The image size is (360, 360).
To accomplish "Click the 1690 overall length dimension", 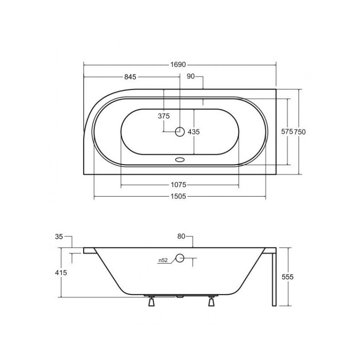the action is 178,65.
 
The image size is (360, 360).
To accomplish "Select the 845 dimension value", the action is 130,76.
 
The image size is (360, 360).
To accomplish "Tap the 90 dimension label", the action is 190,76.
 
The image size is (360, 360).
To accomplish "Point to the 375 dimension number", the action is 164,116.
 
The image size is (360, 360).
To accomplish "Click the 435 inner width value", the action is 194,132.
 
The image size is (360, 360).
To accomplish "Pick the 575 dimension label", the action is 287,131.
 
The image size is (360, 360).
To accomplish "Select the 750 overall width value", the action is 300,132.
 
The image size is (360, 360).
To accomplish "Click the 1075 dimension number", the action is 178,184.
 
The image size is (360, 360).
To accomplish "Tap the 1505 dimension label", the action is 178,196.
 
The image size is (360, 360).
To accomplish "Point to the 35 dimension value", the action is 59,237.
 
